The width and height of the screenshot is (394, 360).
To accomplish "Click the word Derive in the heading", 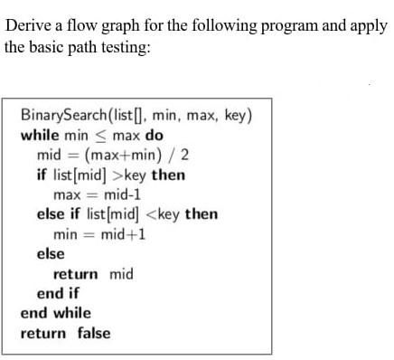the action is pos(27,24).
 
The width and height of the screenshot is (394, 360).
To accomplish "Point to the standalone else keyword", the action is pos(50,254).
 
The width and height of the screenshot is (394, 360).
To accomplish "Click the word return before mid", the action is pos(77,274).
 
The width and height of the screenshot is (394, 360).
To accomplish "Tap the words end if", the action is pos(58,293).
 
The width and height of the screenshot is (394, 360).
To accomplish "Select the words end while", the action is pos(56,313).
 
